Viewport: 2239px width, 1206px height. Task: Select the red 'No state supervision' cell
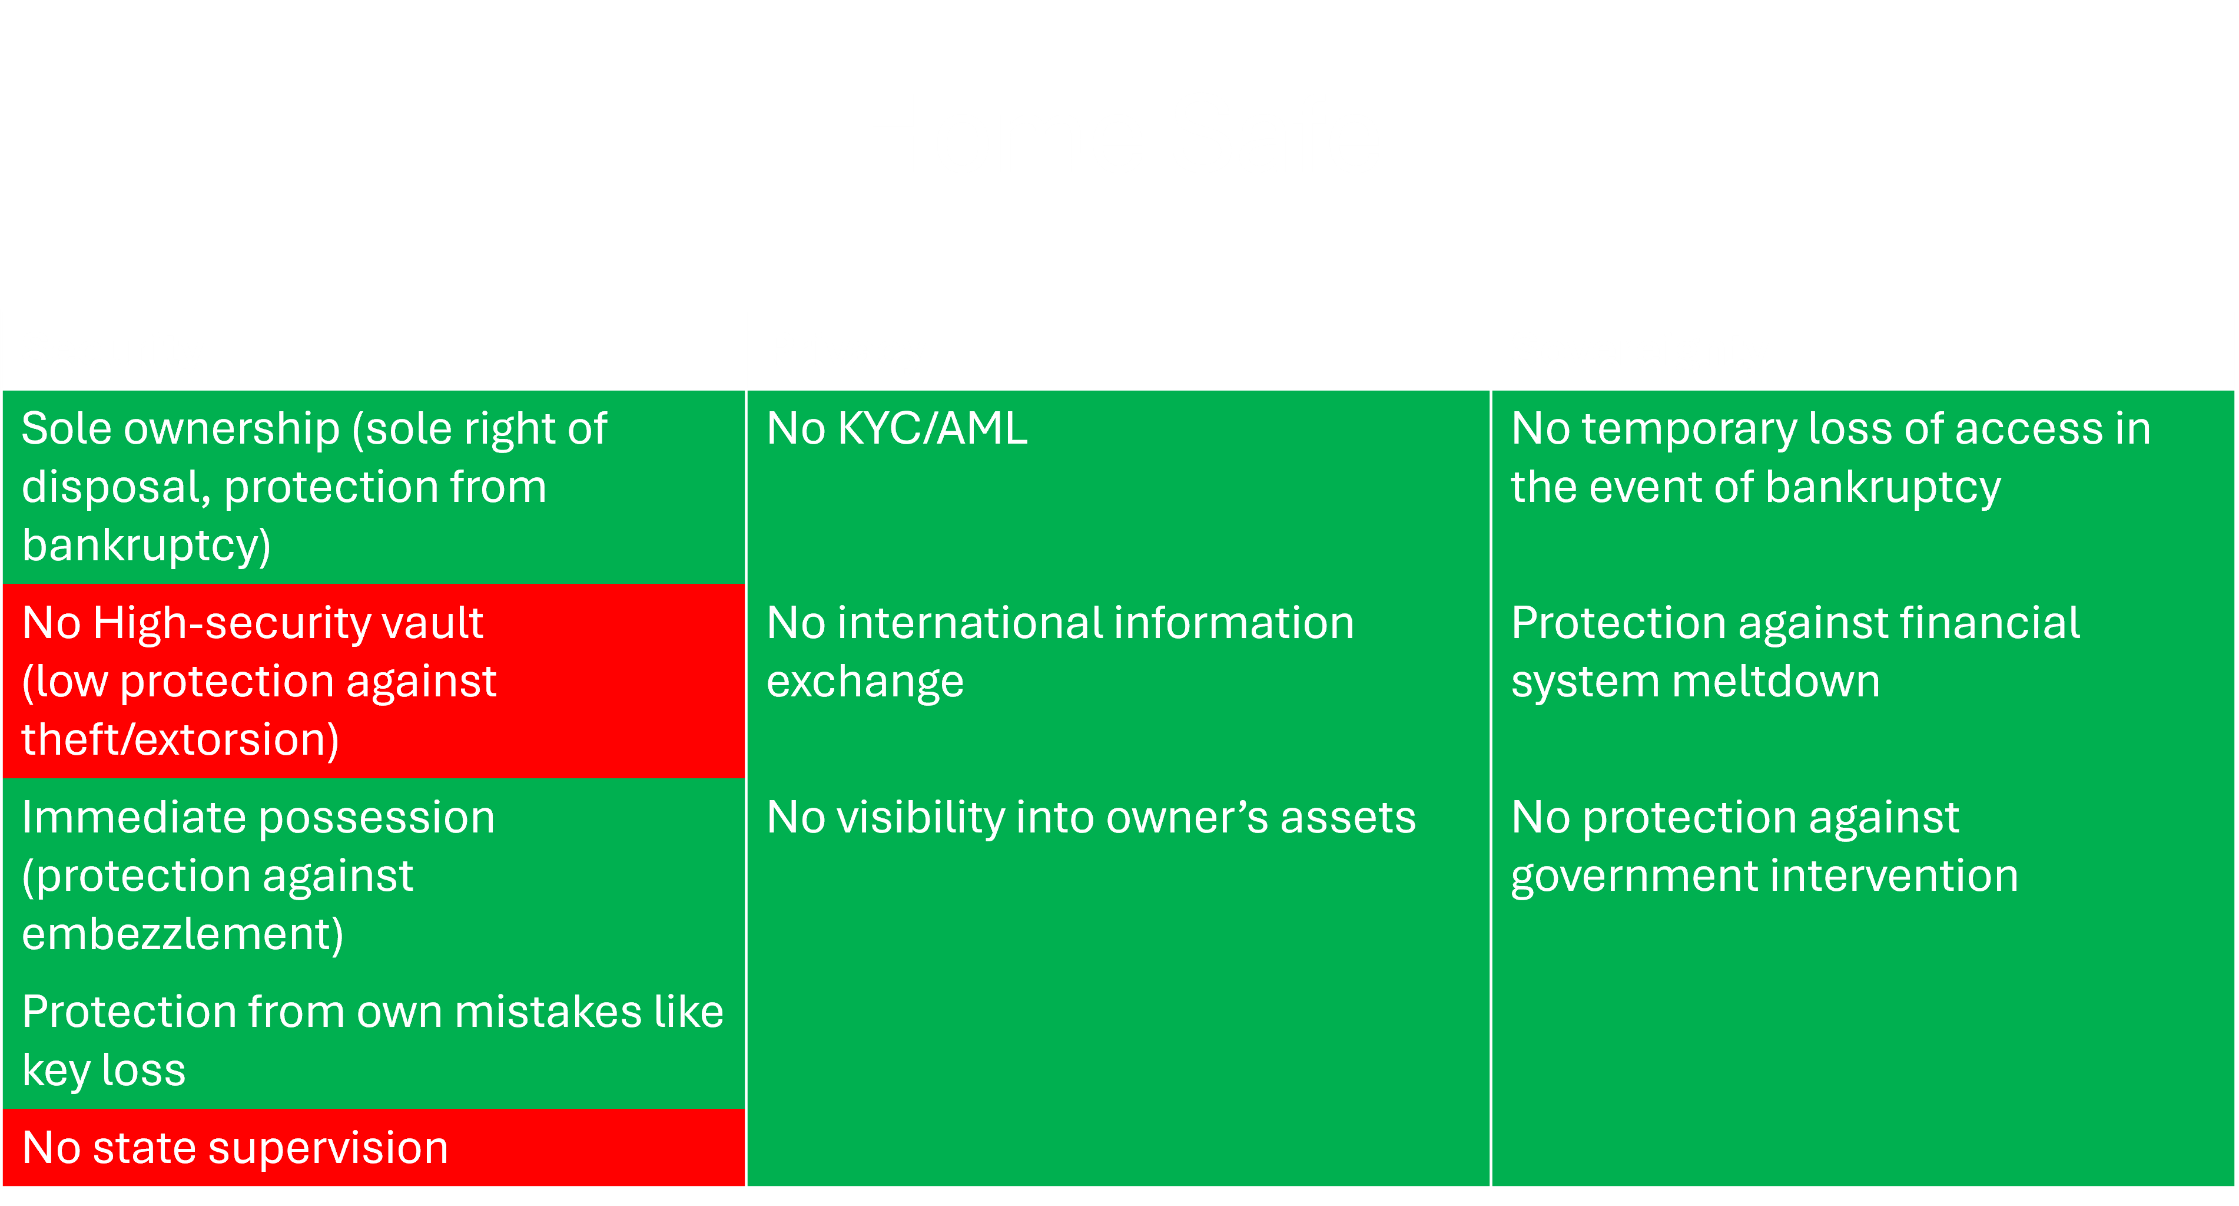tap(374, 1148)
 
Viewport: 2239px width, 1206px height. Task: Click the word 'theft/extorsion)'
tap(180, 741)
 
